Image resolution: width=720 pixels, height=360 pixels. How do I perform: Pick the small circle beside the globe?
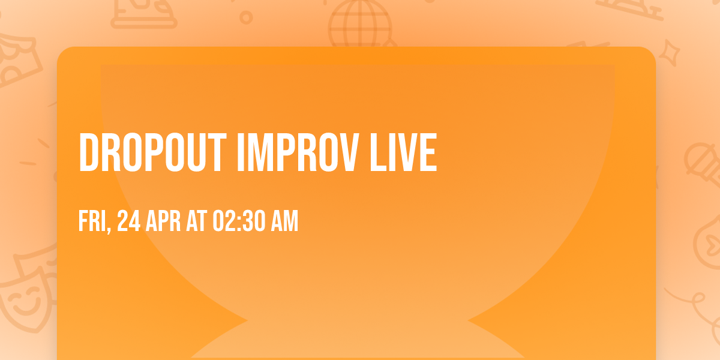246,17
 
